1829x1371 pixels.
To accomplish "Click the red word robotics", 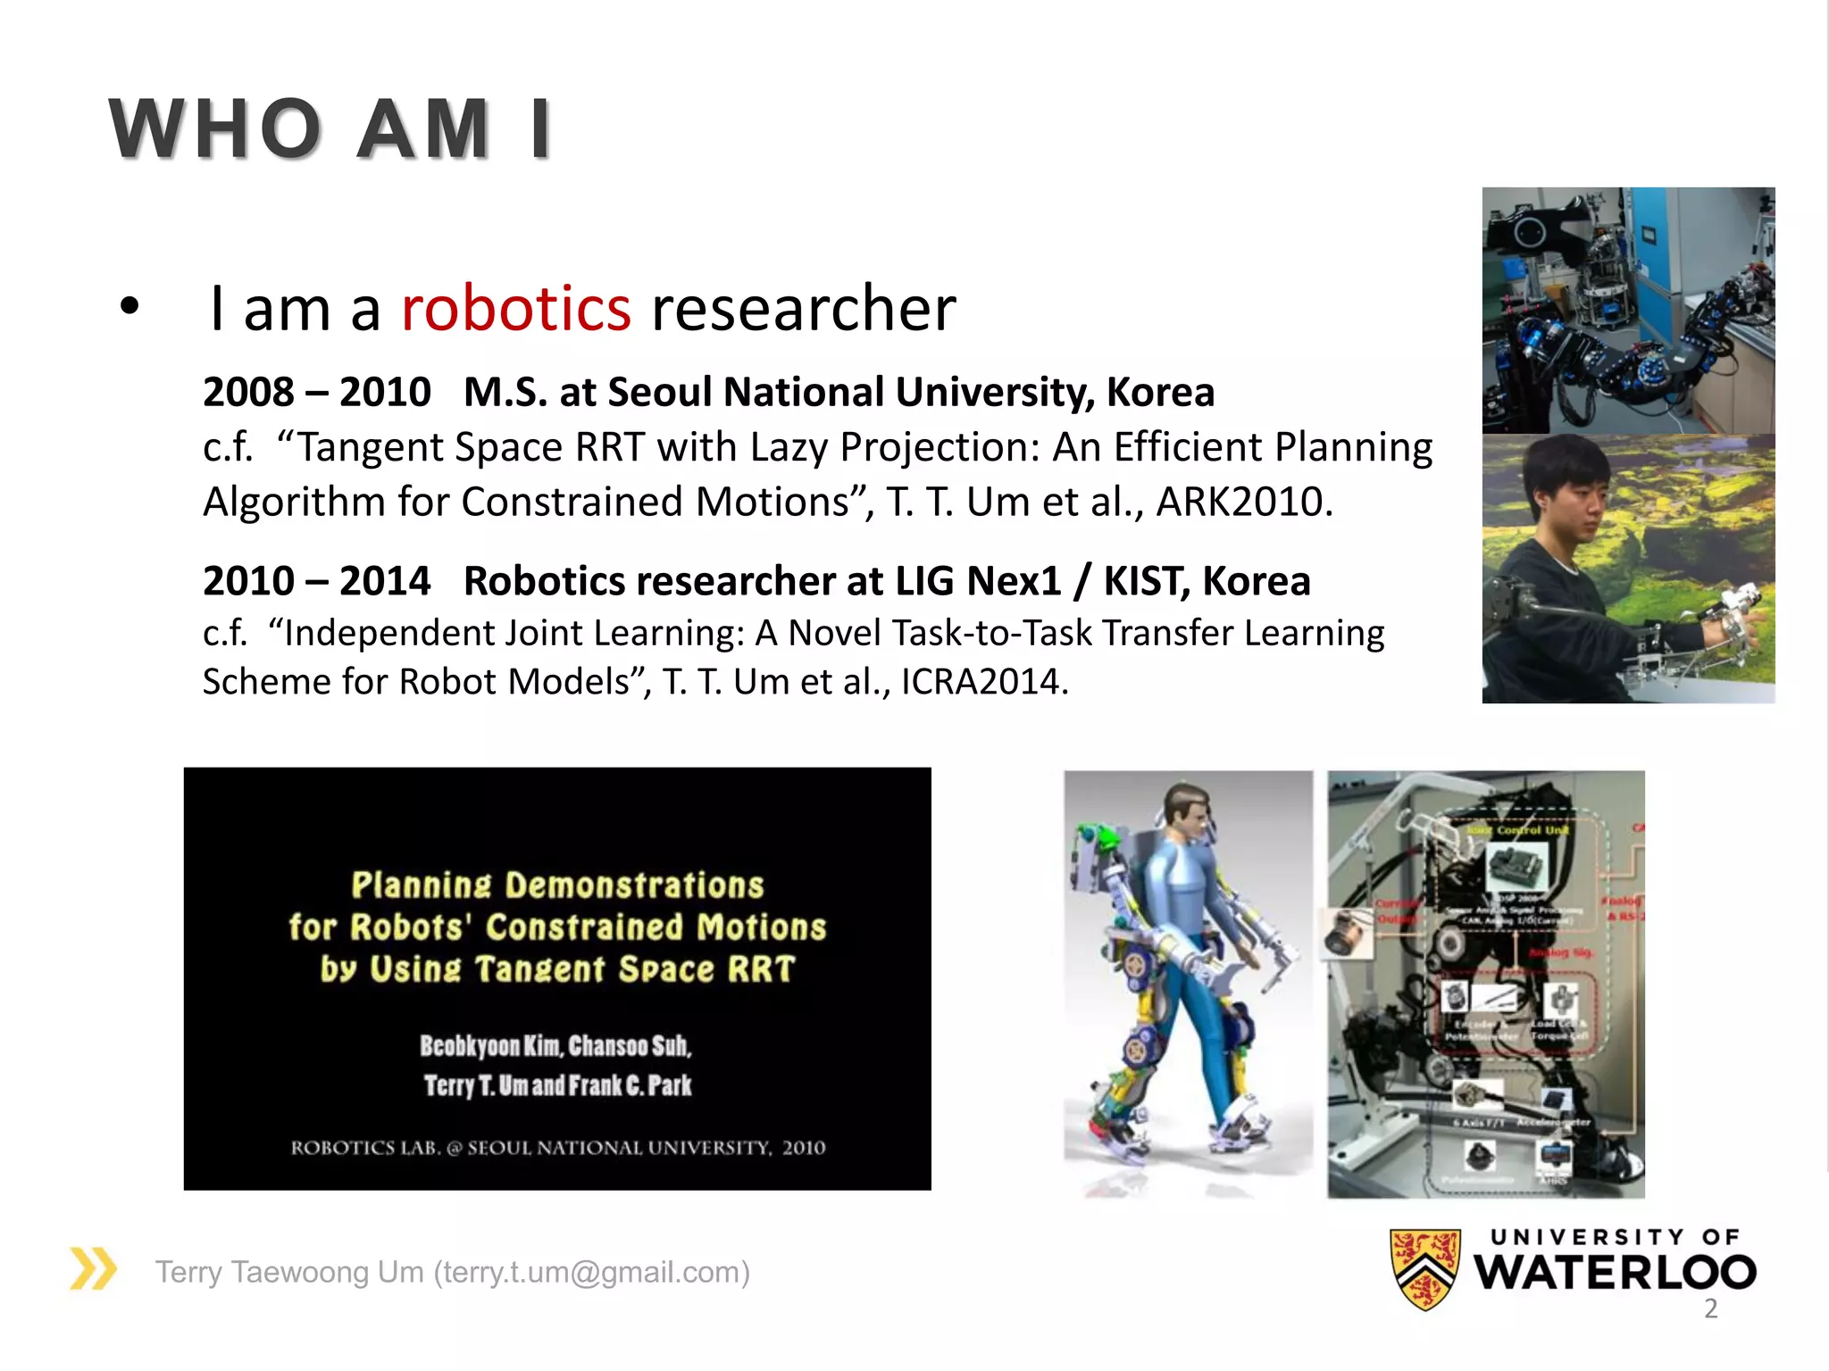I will (516, 309).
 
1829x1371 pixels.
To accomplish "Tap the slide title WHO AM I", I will (330, 129).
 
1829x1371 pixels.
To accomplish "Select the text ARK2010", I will (1244, 502).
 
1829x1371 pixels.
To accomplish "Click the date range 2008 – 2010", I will (316, 393).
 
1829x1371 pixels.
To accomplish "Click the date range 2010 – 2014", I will (316, 581).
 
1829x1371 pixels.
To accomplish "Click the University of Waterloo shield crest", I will (1425, 1268).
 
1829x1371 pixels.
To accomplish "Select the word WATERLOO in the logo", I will (1615, 1272).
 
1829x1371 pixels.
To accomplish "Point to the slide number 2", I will (1710, 1309).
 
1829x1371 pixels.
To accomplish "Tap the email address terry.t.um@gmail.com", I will (591, 1272).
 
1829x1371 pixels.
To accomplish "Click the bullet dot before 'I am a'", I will (130, 307).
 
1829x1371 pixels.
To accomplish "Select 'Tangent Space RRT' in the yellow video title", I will (634, 969).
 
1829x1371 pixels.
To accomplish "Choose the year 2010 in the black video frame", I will (804, 1148).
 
